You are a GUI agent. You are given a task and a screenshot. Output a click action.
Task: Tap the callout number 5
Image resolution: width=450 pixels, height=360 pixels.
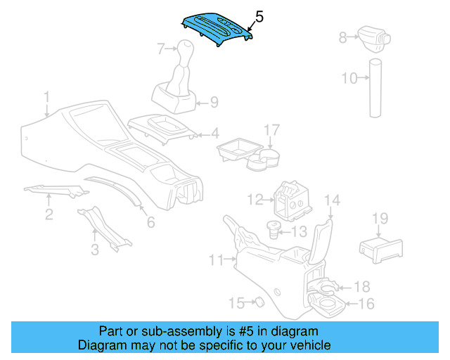(x=259, y=16)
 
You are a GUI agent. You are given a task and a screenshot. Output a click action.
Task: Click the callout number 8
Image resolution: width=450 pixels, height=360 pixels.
(x=343, y=37)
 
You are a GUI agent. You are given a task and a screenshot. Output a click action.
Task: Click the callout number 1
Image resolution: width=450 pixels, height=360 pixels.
(x=46, y=96)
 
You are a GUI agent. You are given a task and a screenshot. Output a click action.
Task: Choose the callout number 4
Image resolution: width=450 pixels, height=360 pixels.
(x=215, y=133)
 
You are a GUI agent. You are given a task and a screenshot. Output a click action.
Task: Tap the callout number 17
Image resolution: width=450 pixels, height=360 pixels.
(x=271, y=129)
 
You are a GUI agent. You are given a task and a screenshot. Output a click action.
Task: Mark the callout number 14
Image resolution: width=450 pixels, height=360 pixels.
(x=332, y=202)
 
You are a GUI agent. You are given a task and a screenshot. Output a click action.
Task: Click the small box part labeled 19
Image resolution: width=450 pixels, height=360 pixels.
(x=380, y=248)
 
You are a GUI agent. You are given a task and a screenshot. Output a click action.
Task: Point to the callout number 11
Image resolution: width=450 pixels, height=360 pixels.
(x=216, y=261)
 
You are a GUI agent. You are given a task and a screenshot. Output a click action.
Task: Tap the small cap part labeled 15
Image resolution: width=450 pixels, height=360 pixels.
(x=258, y=302)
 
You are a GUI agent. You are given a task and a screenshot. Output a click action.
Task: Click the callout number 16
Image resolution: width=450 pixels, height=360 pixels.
(x=366, y=304)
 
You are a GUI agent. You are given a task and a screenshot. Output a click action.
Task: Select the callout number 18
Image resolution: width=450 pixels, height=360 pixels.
(x=361, y=286)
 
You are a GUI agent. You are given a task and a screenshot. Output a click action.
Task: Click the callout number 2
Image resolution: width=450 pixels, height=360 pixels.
(x=49, y=214)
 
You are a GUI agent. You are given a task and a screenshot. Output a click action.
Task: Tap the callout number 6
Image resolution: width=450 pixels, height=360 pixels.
(x=150, y=222)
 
